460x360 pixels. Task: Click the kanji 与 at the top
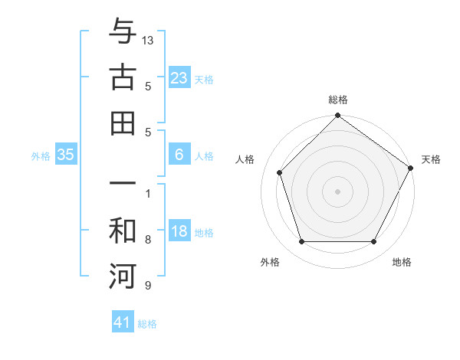pos(123,31)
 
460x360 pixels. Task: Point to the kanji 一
pos(123,185)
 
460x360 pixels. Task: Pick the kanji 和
pos(123,230)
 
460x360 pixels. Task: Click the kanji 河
pos(123,277)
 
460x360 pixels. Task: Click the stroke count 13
pos(149,40)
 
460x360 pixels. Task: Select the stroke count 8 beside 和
pos(148,240)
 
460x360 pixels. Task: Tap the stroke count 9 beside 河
pos(148,286)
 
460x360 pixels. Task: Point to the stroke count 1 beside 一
pos(148,193)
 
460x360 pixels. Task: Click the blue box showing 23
pos(179,77)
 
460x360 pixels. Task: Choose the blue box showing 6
pos(179,155)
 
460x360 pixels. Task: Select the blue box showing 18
pos(179,232)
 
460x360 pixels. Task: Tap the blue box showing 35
pos(66,155)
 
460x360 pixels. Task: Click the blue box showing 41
pos(123,322)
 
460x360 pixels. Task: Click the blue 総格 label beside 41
pos(147,324)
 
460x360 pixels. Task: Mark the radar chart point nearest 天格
pos(410,168)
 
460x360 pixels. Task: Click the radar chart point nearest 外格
pos(301,242)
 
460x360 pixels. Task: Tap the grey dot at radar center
pos(337,191)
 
